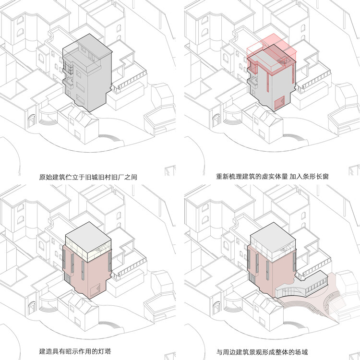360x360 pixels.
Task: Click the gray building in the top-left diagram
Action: (x=91, y=77)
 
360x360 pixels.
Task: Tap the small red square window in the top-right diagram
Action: (x=278, y=103)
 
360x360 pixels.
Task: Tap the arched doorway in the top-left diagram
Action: (x=30, y=120)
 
